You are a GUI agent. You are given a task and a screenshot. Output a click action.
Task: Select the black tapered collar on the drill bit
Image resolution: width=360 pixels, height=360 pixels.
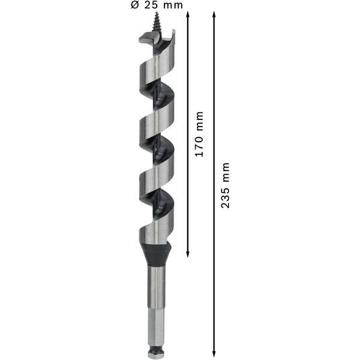point(157,255)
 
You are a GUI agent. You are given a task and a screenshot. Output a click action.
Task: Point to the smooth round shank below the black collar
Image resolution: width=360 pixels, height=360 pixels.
point(157,285)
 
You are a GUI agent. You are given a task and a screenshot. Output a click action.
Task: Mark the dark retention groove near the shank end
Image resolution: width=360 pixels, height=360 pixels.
point(157,348)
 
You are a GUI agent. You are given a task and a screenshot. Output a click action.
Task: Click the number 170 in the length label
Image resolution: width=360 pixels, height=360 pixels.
point(200,148)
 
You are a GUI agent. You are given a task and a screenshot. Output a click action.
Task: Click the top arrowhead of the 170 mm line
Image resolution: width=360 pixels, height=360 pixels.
point(188,15)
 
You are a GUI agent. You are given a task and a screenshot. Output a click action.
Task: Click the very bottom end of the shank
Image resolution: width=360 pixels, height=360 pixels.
point(157,355)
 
